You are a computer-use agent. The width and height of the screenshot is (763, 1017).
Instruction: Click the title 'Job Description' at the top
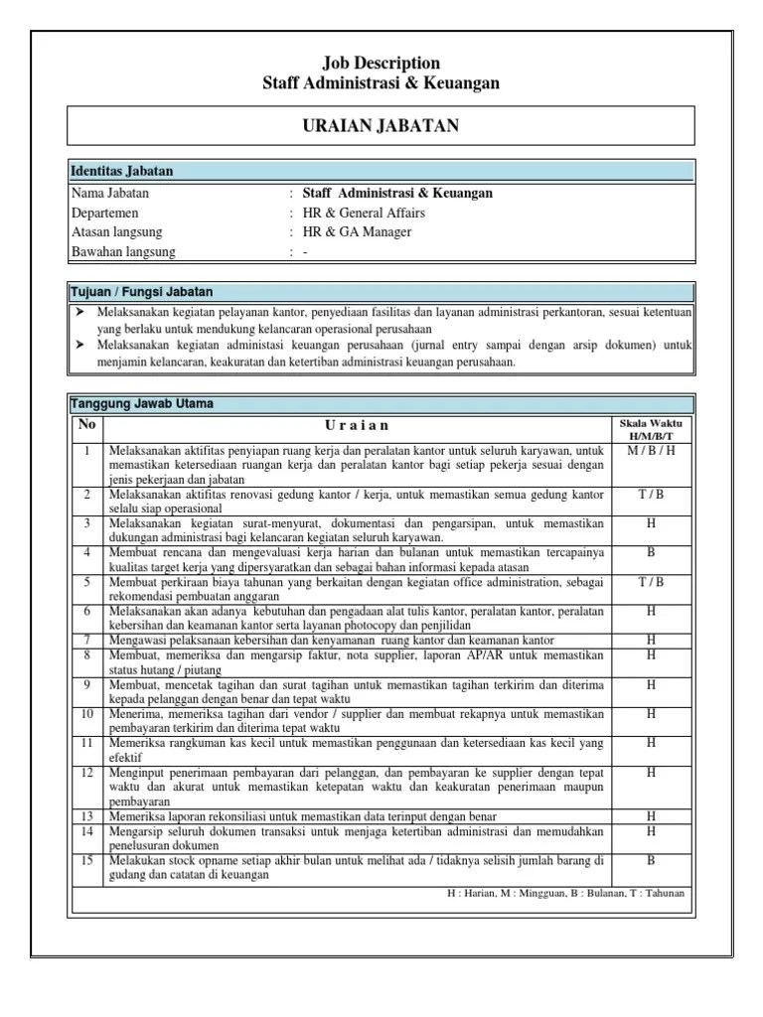[x=381, y=64]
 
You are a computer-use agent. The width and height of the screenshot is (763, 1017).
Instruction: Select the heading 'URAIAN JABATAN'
[x=381, y=125]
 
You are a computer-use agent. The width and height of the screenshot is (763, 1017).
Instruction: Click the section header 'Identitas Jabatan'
[x=122, y=172]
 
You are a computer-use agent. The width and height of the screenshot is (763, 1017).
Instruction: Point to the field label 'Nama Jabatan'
[x=110, y=194]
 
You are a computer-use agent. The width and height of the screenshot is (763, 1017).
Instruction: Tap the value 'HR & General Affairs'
[x=364, y=214]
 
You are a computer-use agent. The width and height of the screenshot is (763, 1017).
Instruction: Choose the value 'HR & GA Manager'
[x=357, y=232]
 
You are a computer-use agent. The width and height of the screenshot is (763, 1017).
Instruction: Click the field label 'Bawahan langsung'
[x=123, y=252]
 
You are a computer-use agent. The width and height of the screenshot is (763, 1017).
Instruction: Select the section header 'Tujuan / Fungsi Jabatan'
[x=141, y=292]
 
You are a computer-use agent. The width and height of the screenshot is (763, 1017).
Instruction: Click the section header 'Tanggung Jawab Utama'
[x=140, y=404]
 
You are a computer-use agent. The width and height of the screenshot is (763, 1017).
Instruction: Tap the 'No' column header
[x=87, y=425]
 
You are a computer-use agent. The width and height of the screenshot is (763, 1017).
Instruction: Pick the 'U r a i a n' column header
[x=357, y=427]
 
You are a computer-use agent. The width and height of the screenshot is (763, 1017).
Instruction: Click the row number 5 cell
[x=87, y=582]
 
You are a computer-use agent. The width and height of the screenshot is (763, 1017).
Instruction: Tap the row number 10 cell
[x=87, y=713]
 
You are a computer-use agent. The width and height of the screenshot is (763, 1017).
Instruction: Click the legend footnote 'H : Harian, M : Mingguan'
[x=566, y=892]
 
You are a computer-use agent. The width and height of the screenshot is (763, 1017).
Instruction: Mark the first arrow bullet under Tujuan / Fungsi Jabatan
[x=79, y=312]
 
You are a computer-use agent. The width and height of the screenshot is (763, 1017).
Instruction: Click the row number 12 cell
[x=87, y=772]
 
